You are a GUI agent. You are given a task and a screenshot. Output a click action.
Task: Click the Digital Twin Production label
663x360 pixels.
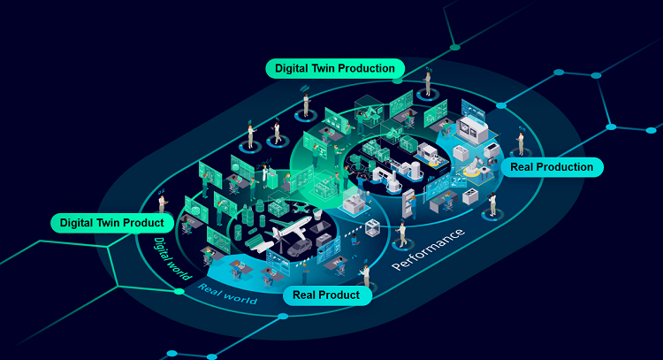tap(335, 68)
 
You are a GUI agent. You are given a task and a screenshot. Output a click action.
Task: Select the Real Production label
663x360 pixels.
tap(552, 167)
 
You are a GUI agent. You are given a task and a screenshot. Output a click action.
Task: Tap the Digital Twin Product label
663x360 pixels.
tap(112, 223)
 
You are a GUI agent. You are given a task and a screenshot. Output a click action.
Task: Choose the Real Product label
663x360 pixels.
tap(326, 295)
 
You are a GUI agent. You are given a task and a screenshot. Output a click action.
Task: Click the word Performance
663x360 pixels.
tap(428, 249)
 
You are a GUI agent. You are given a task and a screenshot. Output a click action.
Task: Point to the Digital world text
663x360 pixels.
tap(171, 259)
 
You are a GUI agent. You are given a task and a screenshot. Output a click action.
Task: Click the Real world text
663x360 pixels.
tap(227, 295)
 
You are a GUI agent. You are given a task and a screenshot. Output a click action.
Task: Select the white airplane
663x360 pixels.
tap(291, 227)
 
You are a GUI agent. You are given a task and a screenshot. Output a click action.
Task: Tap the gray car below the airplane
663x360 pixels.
tap(300, 249)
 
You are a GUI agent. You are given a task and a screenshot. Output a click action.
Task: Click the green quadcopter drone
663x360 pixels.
tap(302, 208)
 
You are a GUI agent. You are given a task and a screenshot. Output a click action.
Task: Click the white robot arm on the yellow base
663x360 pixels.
tap(474, 166)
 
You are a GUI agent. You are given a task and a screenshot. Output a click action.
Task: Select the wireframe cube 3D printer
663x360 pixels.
tap(372, 228)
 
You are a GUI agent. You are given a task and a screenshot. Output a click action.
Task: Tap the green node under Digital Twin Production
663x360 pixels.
tap(398, 80)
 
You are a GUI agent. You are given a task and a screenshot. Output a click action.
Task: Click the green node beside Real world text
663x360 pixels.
tap(179, 292)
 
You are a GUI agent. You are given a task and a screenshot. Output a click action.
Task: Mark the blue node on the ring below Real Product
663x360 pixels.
tap(283, 316)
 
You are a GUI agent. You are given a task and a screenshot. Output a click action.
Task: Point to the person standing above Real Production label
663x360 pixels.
tap(522, 144)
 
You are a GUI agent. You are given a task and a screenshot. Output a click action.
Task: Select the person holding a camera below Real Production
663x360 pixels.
tap(492, 204)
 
